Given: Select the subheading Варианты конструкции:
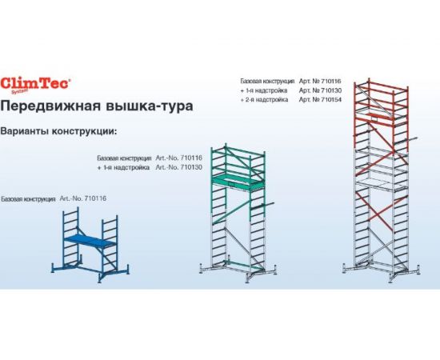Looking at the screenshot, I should click(60, 130).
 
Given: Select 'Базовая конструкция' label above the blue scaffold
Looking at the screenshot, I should click(29, 198).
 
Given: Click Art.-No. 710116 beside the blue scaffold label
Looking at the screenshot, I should click(83, 198).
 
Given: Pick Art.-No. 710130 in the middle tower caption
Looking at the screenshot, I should click(180, 169).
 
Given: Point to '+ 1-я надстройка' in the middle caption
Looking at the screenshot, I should click(122, 169).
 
